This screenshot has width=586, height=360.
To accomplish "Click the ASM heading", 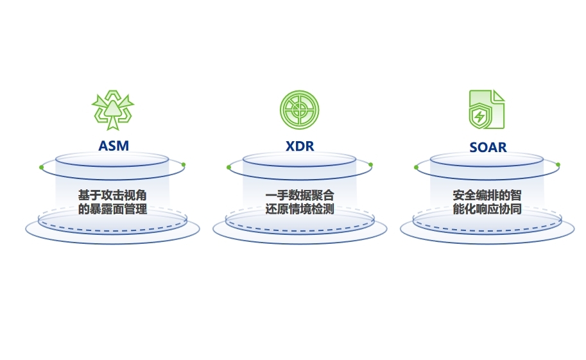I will [x=113, y=146].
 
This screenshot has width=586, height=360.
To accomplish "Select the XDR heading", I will [x=300, y=146].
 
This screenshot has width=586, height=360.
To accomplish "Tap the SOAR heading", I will [x=487, y=147].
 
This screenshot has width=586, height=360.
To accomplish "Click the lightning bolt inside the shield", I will [x=479, y=117].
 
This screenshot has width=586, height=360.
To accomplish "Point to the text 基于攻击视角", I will [x=112, y=195].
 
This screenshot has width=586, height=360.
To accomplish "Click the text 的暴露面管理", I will [x=112, y=209].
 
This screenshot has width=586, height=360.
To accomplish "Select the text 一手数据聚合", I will [x=300, y=195].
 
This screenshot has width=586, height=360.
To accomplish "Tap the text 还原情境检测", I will [x=300, y=209].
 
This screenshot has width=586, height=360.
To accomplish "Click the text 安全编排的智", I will [x=487, y=195].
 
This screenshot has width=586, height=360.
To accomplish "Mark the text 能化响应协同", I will [x=487, y=209].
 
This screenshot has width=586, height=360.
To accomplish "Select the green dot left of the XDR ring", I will [x=228, y=167].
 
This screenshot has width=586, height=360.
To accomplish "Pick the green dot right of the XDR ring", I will [x=370, y=165].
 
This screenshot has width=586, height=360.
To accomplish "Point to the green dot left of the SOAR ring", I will [x=416, y=167].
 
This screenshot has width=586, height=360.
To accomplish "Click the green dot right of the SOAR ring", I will [x=558, y=165].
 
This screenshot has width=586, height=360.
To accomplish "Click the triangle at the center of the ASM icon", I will [x=113, y=109].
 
